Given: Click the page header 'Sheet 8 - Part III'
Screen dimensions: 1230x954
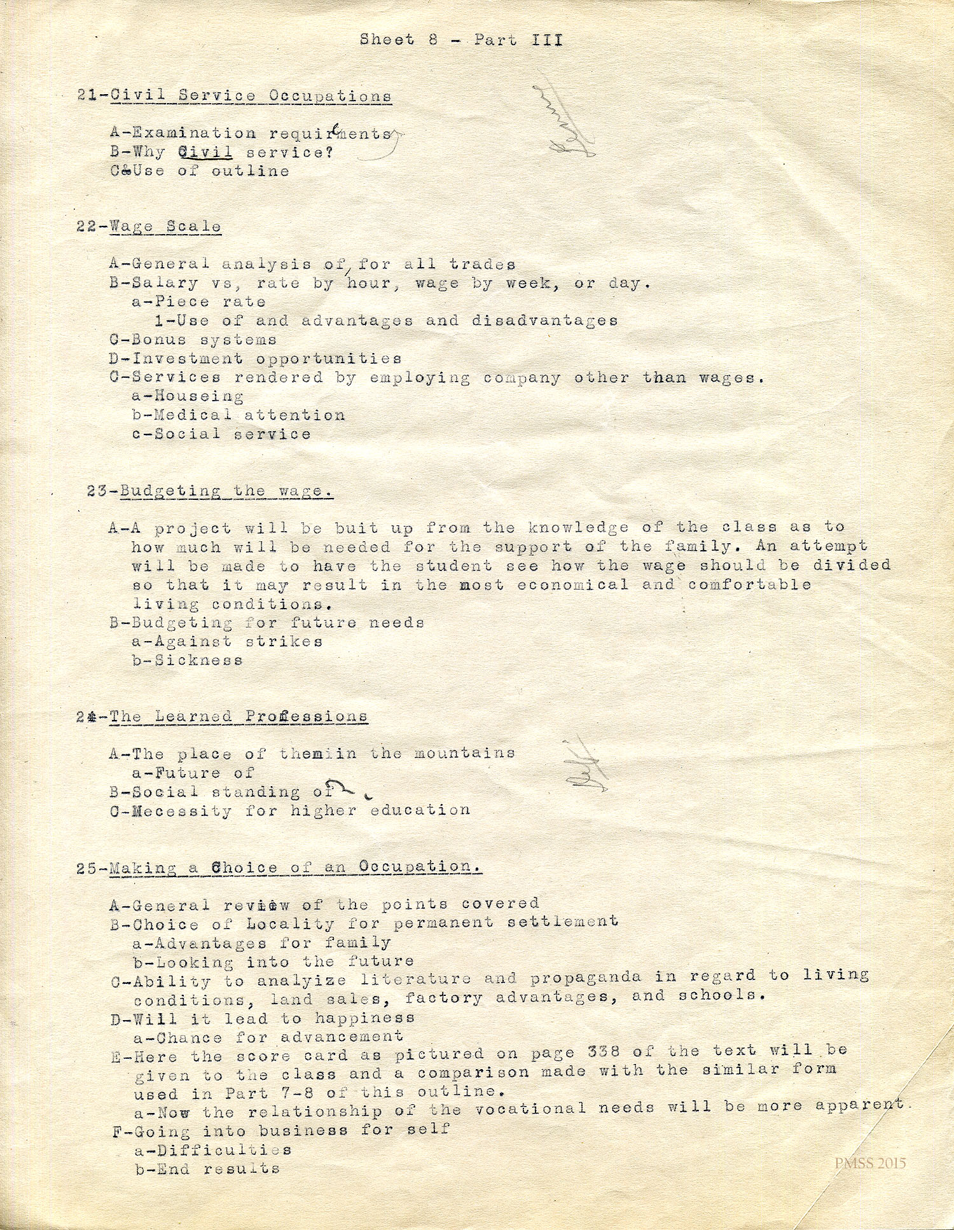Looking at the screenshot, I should coord(461,40).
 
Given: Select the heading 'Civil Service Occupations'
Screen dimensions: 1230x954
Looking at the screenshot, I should coord(251,96).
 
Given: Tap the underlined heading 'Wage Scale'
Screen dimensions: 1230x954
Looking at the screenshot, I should coord(165,226).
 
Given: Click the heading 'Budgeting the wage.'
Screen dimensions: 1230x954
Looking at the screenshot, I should coord(226,491).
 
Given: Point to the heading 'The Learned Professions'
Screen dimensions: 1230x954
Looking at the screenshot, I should coord(238,717).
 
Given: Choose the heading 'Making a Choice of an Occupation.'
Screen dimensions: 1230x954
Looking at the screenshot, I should coord(295,867).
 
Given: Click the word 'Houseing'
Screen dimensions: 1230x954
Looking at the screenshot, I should coord(199,397).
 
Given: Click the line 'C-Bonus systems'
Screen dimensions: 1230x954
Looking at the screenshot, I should coord(193,340).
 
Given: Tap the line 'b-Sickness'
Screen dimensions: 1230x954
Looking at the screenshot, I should coord(188,660).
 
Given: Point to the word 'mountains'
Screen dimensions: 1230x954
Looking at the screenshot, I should coord(464,754).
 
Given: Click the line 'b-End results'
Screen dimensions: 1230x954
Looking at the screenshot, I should coord(207,1169).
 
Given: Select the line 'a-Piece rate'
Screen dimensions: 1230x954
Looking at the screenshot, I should coord(198,301).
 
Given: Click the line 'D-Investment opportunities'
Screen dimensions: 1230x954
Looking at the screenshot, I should coord(255,359).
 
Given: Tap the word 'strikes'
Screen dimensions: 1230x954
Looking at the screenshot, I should coord(284,641).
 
